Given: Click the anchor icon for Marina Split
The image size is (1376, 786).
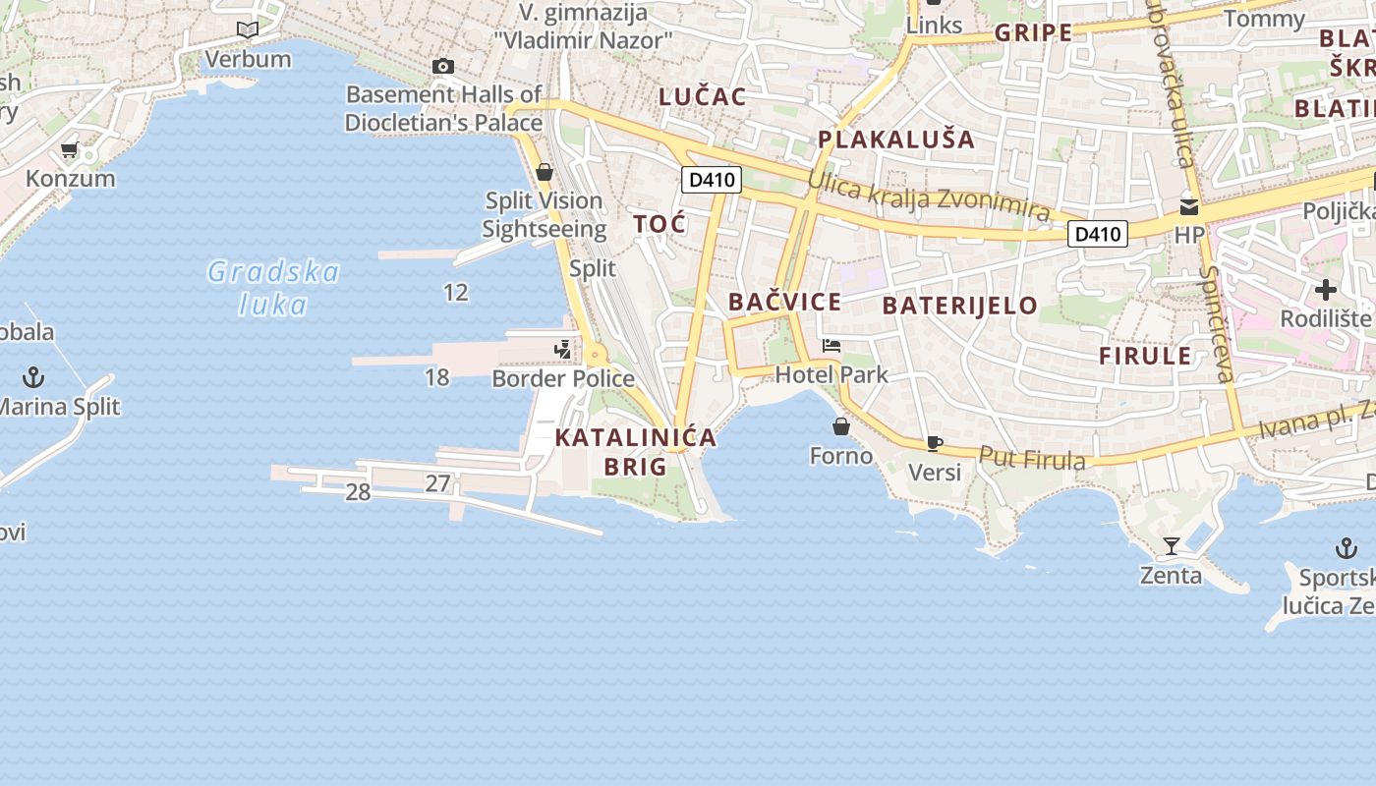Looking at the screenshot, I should click(x=34, y=376).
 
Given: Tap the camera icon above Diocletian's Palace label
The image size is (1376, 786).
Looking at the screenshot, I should click(x=443, y=67).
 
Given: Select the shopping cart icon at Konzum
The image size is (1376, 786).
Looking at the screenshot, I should click(x=69, y=150).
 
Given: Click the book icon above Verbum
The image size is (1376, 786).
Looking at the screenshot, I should click(x=248, y=30).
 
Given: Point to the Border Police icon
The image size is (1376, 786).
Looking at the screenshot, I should click(x=562, y=349).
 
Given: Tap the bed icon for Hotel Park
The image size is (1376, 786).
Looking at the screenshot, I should click(x=831, y=346).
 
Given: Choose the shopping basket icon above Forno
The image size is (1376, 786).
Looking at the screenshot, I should click(x=841, y=426).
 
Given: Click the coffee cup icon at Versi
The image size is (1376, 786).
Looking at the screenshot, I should click(x=935, y=443).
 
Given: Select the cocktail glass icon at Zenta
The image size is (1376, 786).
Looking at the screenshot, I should click(x=1171, y=546).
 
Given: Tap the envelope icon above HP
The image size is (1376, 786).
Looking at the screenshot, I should click(x=1189, y=207).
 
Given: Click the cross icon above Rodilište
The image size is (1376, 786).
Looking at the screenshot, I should click(x=1326, y=290).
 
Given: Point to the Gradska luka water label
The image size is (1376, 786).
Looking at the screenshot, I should click(x=273, y=288).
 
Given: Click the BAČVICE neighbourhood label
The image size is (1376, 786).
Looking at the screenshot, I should click(x=784, y=302).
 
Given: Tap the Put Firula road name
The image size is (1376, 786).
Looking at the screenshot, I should click(x=1032, y=459).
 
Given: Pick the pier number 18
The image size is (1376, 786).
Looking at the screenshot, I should click(x=436, y=376).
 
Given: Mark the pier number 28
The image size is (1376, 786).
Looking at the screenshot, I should click(x=358, y=492).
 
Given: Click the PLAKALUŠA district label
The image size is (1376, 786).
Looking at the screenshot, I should click(x=896, y=140).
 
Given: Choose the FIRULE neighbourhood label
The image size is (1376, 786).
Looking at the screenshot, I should click(x=1145, y=356).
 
